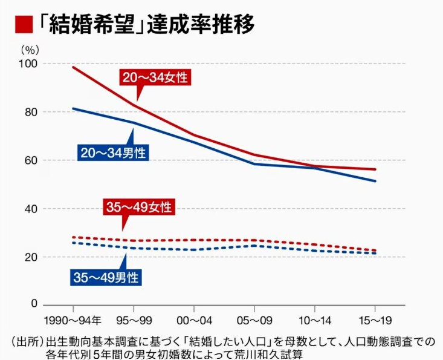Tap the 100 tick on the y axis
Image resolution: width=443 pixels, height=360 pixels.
28,64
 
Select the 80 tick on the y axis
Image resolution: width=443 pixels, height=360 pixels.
31,113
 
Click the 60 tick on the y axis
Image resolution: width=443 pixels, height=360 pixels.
31,161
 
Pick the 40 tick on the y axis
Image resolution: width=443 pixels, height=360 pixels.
31,209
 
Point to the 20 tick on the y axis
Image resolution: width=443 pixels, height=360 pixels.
31,257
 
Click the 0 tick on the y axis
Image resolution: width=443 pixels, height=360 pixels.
34,304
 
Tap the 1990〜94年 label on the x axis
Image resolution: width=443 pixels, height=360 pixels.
73,319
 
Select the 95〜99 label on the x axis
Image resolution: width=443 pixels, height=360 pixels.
133,319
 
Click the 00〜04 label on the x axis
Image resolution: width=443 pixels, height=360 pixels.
193,319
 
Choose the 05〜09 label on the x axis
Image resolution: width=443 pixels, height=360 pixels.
254,319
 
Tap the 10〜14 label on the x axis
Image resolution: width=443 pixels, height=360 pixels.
314,319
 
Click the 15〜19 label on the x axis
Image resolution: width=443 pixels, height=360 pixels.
375,319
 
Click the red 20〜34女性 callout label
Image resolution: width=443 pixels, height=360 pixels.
155,77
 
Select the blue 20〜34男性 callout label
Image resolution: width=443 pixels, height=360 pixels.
112,152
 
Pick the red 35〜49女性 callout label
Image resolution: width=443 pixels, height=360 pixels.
138,207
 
